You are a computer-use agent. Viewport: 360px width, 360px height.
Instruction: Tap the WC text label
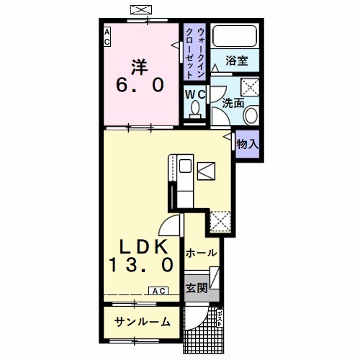(195, 94)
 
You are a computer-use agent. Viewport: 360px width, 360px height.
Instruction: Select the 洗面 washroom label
(233, 102)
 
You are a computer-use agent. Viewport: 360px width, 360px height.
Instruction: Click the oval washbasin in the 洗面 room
(251, 115)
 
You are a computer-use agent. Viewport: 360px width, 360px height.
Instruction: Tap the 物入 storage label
(247, 143)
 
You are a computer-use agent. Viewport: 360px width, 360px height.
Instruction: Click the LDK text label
(140, 244)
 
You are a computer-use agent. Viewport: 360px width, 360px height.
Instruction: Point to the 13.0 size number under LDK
(141, 265)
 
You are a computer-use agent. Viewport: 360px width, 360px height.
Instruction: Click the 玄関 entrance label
(196, 288)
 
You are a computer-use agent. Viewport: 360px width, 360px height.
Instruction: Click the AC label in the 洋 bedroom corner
(107, 37)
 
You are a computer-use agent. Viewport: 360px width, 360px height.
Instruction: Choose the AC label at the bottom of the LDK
(158, 290)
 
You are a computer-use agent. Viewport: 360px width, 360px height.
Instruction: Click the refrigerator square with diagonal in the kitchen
(206, 171)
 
